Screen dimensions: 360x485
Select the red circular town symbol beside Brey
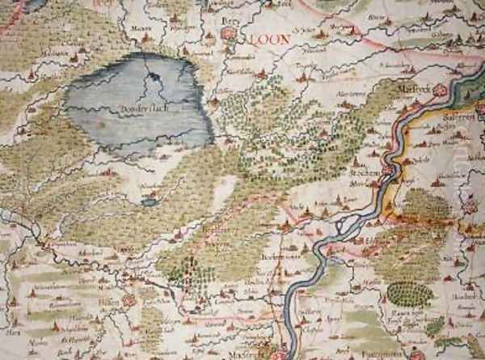tap(228, 34)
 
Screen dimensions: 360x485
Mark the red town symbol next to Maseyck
tap(437, 91)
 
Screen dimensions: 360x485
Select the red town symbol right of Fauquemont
tap(415, 354)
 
